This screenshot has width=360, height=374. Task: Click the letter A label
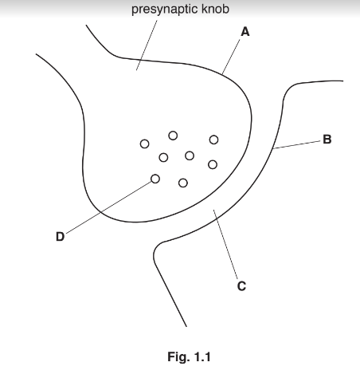click(x=245, y=32)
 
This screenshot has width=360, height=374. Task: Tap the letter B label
click(x=327, y=140)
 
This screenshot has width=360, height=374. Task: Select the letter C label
click(x=241, y=286)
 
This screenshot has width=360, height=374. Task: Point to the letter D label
click(x=61, y=237)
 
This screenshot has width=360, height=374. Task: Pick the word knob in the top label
click(x=215, y=9)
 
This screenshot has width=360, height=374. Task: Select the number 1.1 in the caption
click(x=202, y=356)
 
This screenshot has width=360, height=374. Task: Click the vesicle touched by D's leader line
click(x=155, y=179)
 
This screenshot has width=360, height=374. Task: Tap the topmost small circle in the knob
click(x=173, y=136)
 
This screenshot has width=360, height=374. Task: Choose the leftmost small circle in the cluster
click(x=144, y=144)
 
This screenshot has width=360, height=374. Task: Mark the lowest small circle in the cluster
click(x=183, y=183)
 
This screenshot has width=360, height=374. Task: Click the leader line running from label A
click(x=231, y=57)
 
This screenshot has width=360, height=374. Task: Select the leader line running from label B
click(x=297, y=144)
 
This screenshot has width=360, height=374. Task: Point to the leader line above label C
click(x=225, y=244)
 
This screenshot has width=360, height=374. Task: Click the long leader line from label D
click(x=108, y=207)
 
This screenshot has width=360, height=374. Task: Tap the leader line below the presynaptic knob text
click(x=147, y=45)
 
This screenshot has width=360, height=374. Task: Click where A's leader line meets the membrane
click(x=222, y=74)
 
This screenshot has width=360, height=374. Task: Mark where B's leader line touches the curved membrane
click(x=273, y=148)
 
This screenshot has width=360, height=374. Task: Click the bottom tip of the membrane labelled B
click(x=186, y=326)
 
